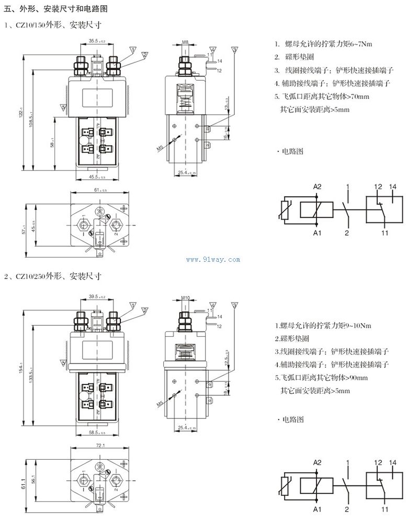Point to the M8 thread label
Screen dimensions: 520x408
[x=185, y=41]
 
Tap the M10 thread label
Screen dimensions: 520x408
[x=185, y=297]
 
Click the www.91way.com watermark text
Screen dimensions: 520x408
[x=212, y=259]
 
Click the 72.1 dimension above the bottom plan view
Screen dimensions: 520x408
[x=99, y=445]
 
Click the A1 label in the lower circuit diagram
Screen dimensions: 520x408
[x=317, y=508]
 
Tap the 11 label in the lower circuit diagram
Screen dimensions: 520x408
[x=384, y=508]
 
